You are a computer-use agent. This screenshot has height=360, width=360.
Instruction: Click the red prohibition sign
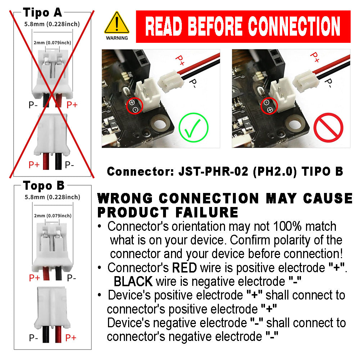[x=328, y=128]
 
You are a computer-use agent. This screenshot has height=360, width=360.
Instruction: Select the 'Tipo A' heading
[x=42, y=13]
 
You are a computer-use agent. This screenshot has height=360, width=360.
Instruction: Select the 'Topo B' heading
[x=44, y=186]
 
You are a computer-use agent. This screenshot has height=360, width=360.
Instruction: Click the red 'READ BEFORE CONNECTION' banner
[x=243, y=27]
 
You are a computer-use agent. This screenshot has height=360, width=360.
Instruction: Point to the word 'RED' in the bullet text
[x=184, y=267]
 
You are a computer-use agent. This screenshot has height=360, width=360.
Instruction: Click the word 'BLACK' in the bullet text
[x=133, y=281]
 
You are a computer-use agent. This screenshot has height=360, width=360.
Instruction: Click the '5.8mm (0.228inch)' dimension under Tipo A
[x=52, y=24]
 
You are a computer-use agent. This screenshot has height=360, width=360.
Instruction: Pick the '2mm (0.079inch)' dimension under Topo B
[x=52, y=216]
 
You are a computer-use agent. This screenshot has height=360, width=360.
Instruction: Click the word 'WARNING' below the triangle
[x=117, y=38]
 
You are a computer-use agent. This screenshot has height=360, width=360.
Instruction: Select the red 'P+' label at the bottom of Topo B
[x=71, y=338]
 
